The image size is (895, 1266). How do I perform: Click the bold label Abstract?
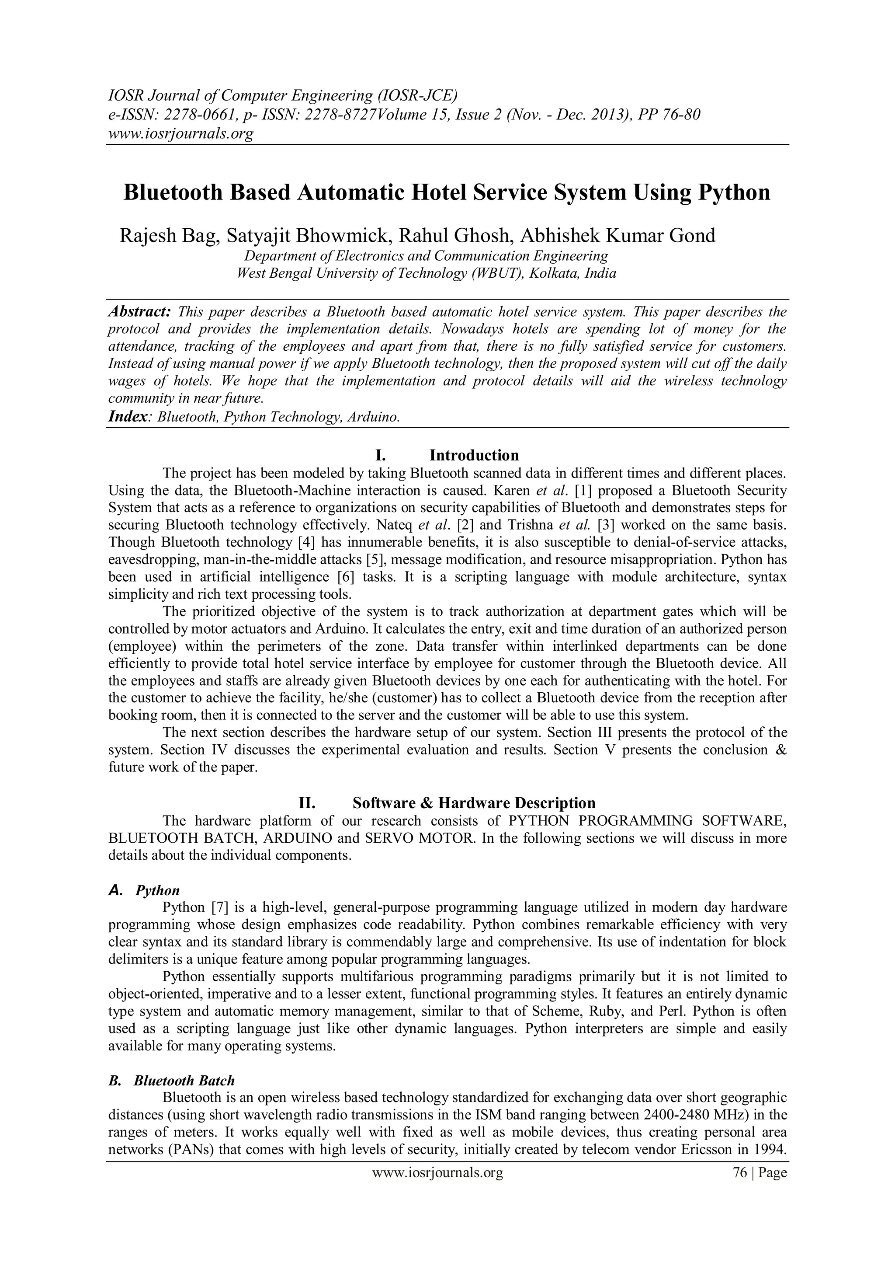(x=139, y=311)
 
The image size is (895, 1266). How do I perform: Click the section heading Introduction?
(x=474, y=455)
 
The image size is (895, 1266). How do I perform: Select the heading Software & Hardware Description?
(x=474, y=803)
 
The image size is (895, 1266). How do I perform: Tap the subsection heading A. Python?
(x=144, y=890)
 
